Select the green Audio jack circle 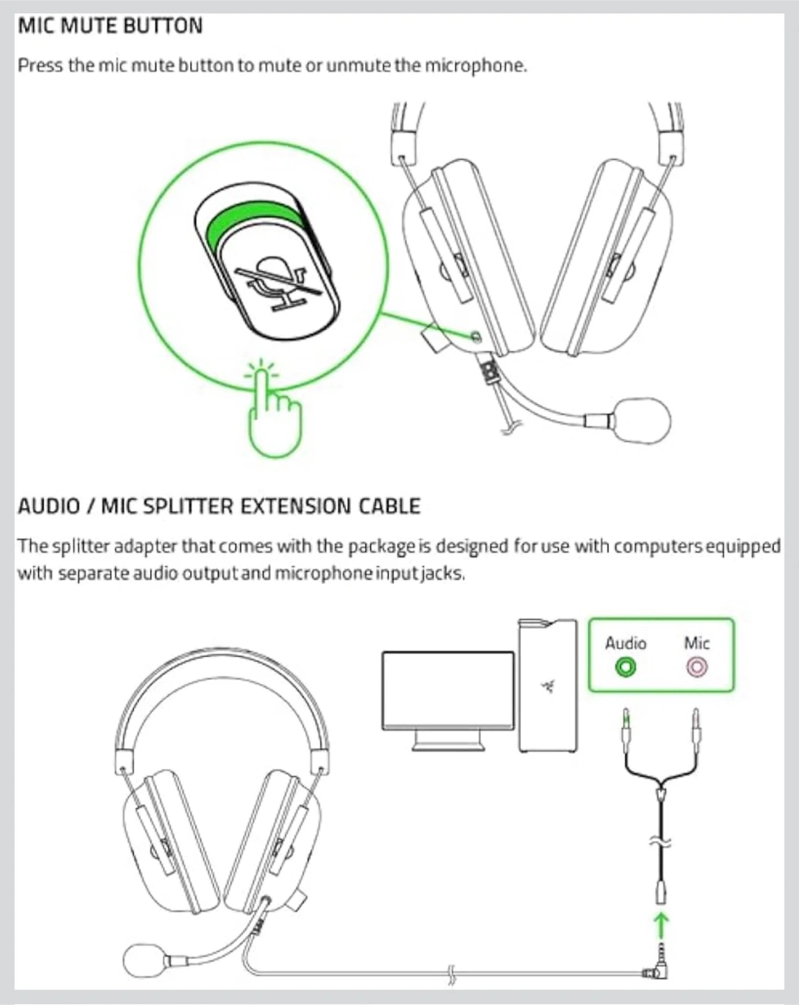tap(626, 667)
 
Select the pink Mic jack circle tap(696, 667)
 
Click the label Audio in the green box tap(626, 643)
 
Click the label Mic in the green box tap(696, 643)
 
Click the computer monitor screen tap(448, 690)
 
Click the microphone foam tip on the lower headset tap(143, 960)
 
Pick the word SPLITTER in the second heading tap(187, 506)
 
